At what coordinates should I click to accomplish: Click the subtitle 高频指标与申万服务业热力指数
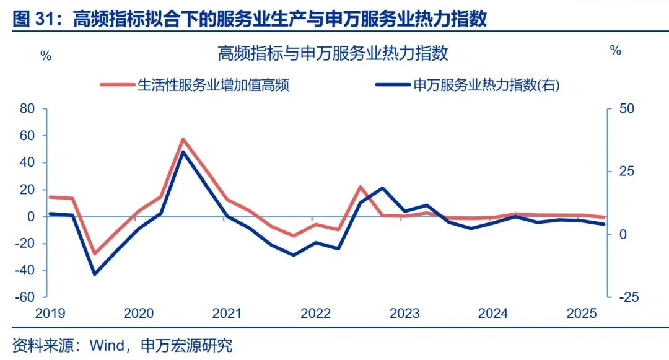[x=333, y=54]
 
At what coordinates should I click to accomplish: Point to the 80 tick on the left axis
[x=27, y=109]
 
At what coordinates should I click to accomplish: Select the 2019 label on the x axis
[x=50, y=314]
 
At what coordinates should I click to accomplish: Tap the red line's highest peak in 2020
[x=183, y=139]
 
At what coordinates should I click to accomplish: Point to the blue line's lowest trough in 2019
[x=95, y=274]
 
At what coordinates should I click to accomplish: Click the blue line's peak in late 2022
[x=382, y=188]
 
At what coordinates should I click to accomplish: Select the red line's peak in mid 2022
[x=361, y=187]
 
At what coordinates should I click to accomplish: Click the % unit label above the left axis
[x=46, y=55]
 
